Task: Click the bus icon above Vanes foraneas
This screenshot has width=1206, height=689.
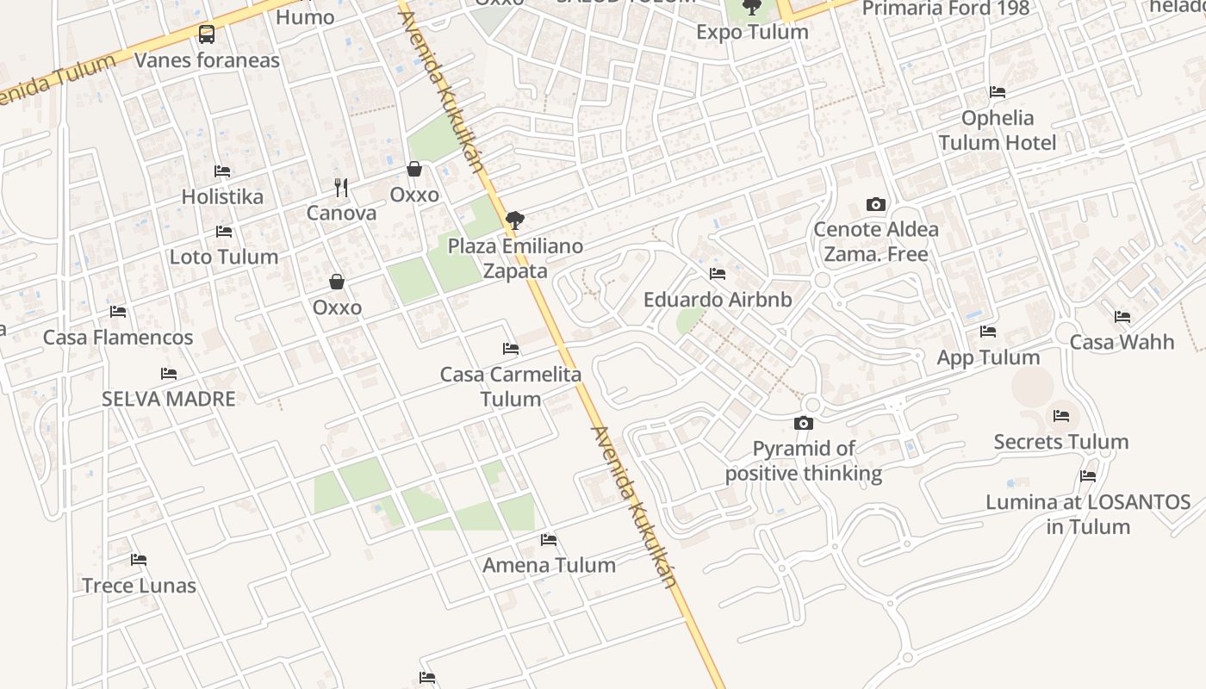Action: point(207,34)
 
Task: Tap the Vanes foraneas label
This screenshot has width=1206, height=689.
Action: point(208,60)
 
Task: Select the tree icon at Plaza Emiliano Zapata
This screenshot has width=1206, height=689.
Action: point(515,220)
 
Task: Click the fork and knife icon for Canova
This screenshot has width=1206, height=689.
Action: point(341,187)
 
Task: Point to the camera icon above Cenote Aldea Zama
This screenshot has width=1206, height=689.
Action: point(876,204)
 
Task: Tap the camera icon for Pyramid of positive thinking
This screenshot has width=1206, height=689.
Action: point(804,423)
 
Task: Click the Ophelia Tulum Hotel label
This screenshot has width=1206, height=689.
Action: point(998,130)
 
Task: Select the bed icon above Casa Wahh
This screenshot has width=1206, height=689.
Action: point(1122,317)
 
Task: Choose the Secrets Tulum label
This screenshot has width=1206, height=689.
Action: point(1061,442)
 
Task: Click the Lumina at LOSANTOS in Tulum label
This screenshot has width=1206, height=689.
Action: point(1088,514)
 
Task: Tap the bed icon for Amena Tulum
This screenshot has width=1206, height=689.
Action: point(549,540)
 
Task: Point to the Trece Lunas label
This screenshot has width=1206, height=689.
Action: point(139,586)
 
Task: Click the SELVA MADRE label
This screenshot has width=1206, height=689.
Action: point(169,399)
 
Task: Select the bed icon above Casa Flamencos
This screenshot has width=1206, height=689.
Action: point(118,311)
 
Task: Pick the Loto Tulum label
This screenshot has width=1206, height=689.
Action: point(224,257)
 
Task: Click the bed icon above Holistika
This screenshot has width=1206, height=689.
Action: point(222,171)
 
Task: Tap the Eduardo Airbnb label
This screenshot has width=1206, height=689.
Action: point(718,300)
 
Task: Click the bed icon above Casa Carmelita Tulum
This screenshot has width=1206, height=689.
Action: point(511,349)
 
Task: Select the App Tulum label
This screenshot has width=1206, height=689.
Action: point(988,357)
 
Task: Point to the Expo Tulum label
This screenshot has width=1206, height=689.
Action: point(752,32)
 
